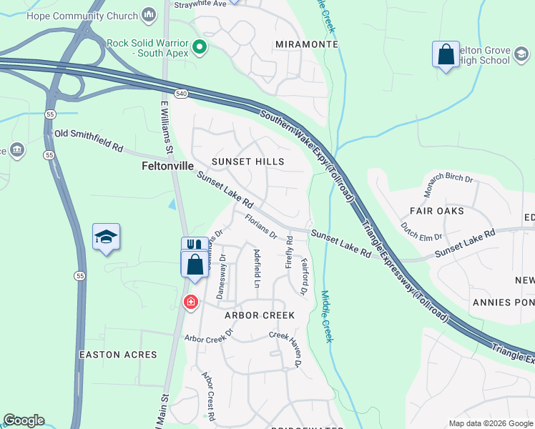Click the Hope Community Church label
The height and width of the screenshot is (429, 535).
pyautogui.click(x=82, y=14)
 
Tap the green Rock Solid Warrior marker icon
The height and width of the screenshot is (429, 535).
pyautogui.click(x=200, y=49)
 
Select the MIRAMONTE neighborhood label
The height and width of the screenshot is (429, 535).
pyautogui.click(x=306, y=44)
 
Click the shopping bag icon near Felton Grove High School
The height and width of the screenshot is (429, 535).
pyautogui.click(x=446, y=55)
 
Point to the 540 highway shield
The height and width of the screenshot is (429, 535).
pyautogui.click(x=180, y=93)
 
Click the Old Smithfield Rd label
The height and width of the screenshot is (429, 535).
pyautogui.click(x=89, y=139)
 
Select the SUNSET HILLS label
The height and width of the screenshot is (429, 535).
pyautogui.click(x=247, y=162)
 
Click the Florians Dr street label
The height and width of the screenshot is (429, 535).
pyautogui.click(x=260, y=226)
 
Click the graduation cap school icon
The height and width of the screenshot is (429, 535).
pyautogui.click(x=106, y=237)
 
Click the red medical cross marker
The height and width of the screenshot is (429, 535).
pyautogui.click(x=191, y=302)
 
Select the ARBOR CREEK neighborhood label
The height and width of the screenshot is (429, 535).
pyautogui.click(x=259, y=315)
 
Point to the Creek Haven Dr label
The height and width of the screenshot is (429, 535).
pyautogui.click(x=286, y=348)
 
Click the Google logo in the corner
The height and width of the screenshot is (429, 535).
pyautogui.click(x=24, y=420)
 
